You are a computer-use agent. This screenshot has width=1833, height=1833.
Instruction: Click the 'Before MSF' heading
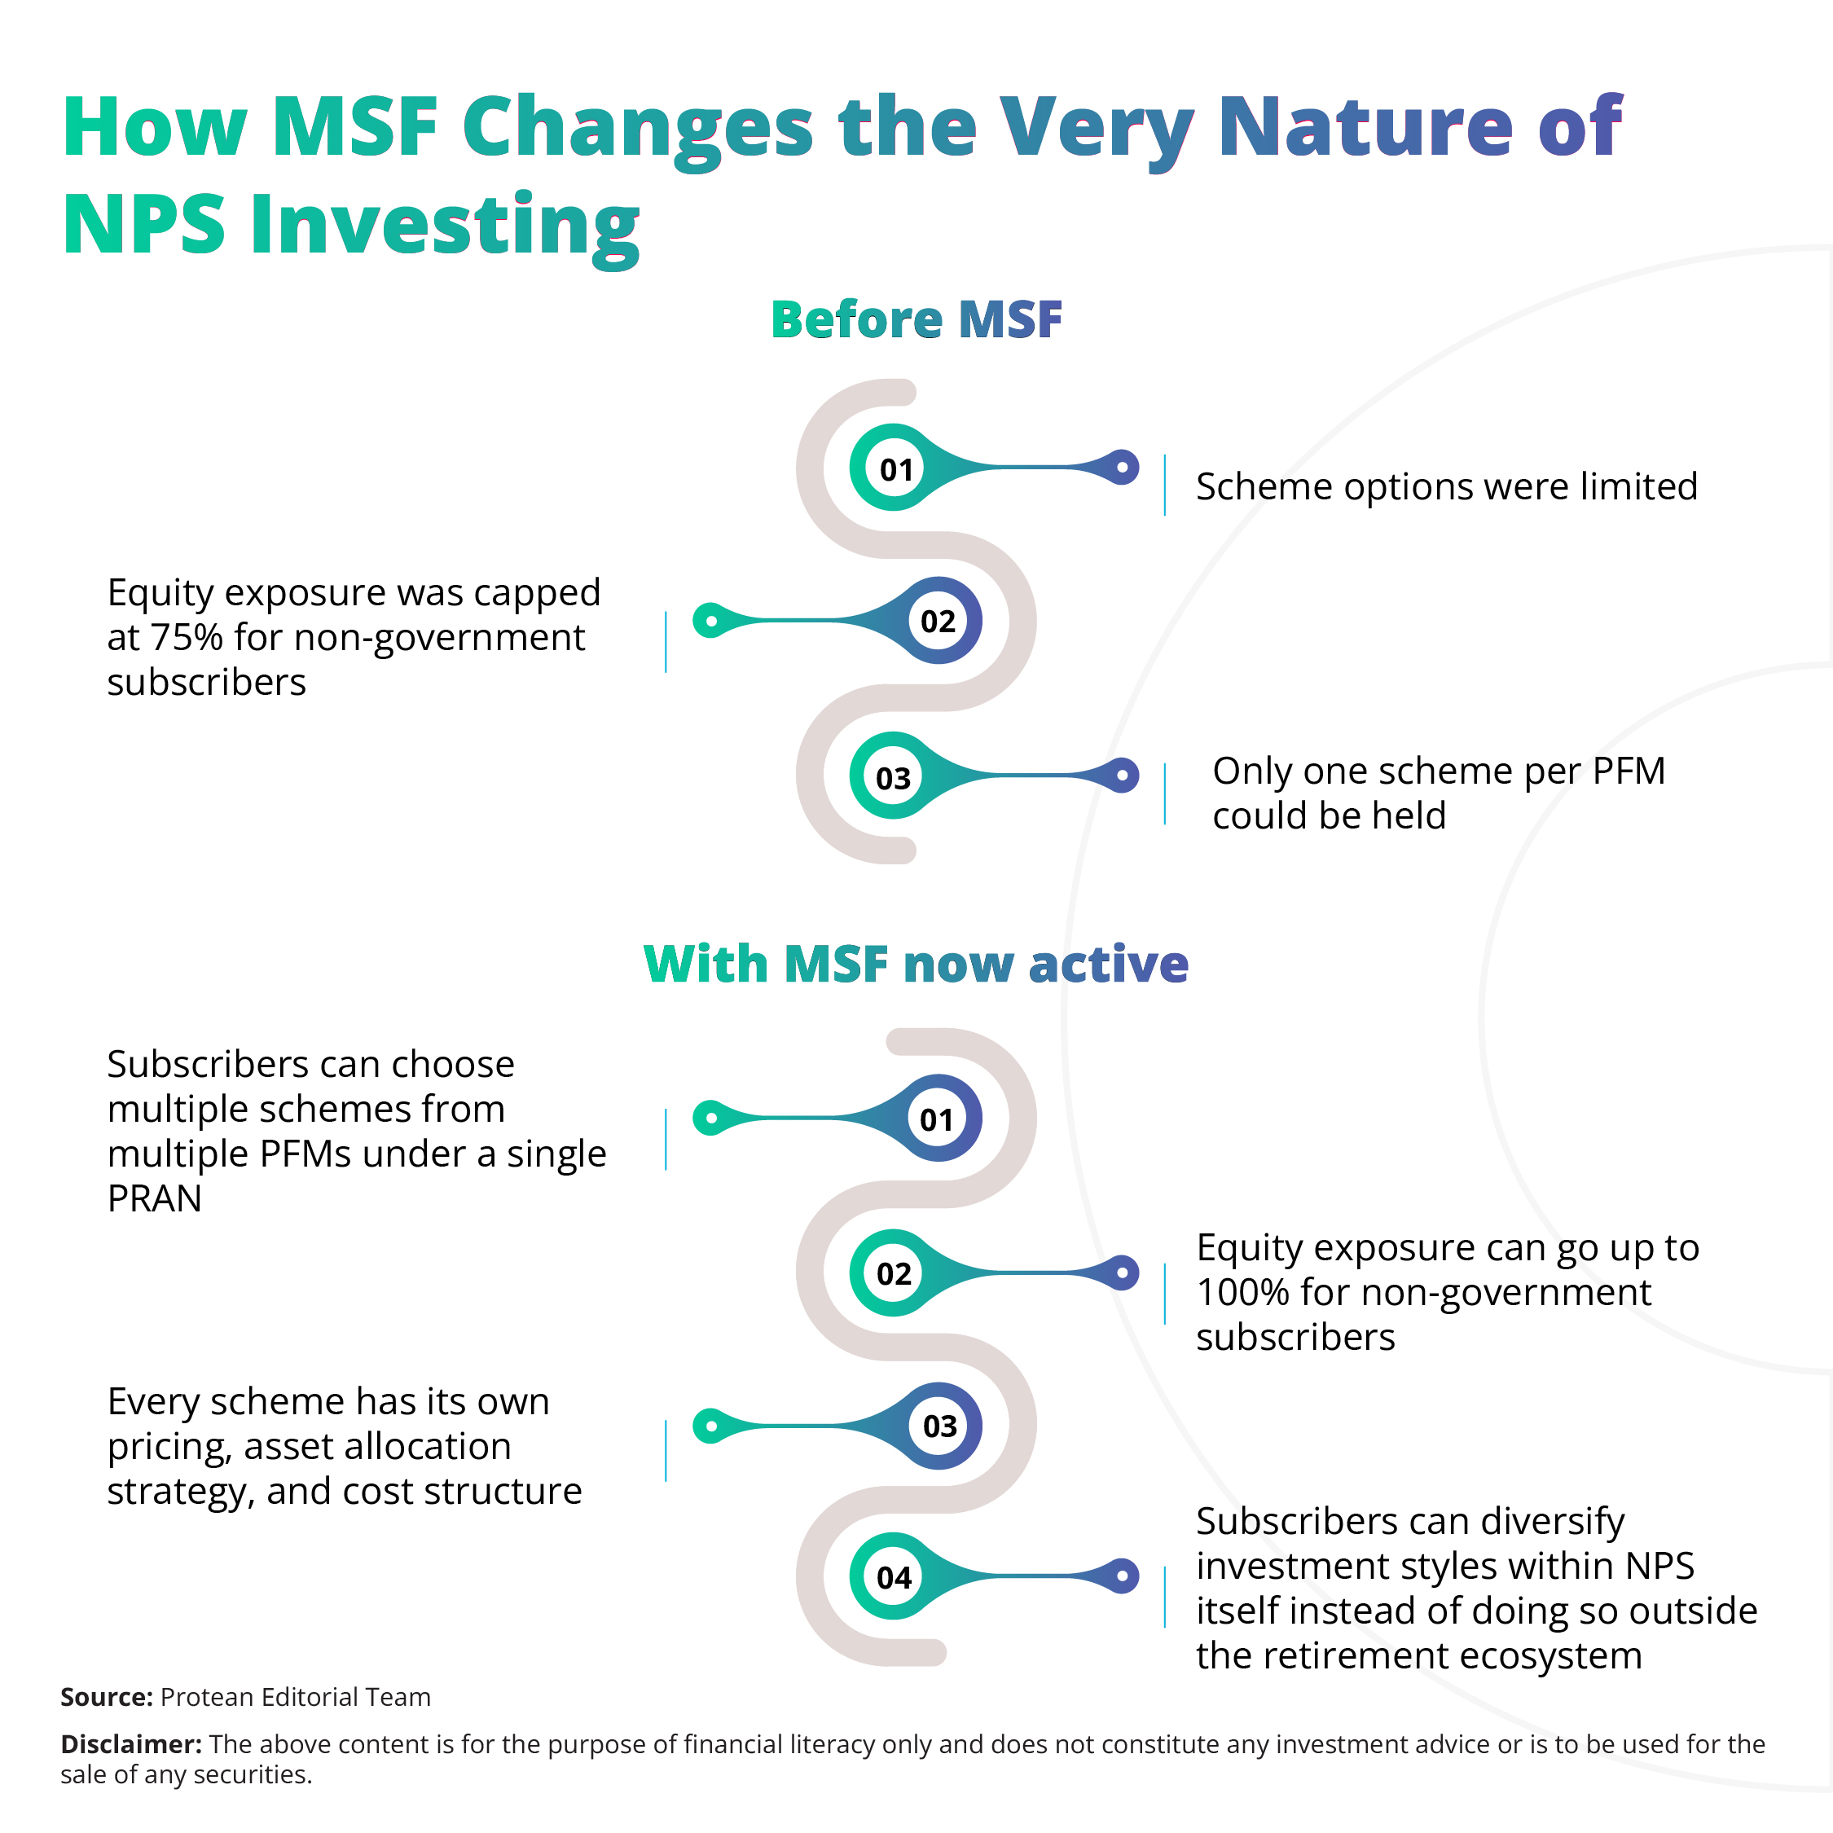916,319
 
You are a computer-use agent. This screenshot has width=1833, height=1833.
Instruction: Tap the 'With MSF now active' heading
916,964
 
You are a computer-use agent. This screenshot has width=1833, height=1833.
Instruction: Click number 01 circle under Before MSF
895,468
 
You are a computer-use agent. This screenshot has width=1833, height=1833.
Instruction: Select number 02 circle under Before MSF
938,622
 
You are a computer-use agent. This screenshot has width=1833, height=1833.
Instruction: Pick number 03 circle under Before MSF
893,777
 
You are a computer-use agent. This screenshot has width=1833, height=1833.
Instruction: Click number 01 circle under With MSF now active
936,1119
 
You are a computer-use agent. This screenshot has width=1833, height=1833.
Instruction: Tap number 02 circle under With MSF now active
893,1273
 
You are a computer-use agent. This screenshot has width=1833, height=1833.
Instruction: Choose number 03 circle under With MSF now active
939,1425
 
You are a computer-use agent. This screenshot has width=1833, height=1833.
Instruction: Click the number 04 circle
893,1577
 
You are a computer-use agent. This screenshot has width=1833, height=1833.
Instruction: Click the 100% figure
1242,1292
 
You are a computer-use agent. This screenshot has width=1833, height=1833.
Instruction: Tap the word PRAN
155,1199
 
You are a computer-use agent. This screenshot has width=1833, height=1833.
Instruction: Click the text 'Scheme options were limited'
1446,486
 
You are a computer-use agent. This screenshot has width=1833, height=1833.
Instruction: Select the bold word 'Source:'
106,1697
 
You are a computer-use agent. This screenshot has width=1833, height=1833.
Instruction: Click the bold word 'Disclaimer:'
131,1744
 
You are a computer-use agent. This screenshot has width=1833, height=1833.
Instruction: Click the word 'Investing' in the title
444,226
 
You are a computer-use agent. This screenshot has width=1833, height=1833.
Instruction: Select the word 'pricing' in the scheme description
169,1447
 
